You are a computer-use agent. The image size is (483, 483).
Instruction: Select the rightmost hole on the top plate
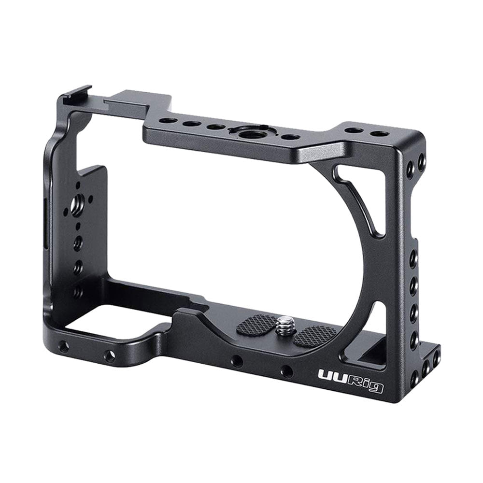[380, 133]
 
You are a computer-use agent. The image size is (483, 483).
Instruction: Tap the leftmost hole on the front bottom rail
[63, 346]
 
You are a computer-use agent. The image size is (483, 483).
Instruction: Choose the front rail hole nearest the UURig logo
[287, 371]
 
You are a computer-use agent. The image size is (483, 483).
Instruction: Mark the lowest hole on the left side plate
[77, 292]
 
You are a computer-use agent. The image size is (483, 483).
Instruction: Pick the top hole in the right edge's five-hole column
[413, 259]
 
